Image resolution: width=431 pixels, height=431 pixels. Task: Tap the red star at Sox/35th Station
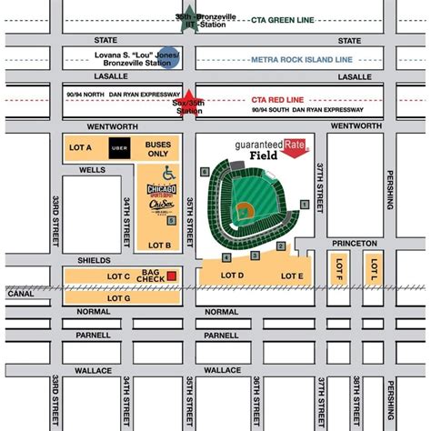(x=188, y=100)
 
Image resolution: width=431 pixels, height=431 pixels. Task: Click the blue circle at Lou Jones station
(x=166, y=56)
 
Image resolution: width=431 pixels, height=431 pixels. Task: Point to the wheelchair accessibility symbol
(x=167, y=173)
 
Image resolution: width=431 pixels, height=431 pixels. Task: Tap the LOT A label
(x=82, y=146)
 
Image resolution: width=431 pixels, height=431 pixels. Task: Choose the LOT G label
(x=119, y=297)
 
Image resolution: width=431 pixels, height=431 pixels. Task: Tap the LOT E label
(x=292, y=276)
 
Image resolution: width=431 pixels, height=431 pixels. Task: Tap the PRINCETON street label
(x=354, y=243)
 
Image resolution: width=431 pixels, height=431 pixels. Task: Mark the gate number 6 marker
(x=205, y=171)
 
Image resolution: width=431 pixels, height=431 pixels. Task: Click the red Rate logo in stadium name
(x=294, y=143)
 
